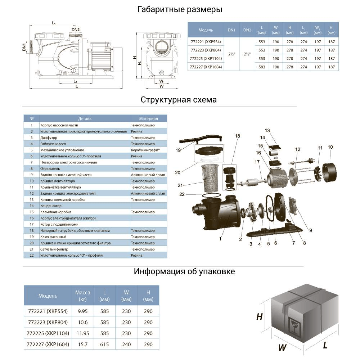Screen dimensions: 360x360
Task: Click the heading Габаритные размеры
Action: (x=180, y=10)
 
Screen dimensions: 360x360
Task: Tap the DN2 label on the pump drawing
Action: (x=76, y=30)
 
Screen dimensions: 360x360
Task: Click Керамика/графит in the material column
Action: (x=145, y=150)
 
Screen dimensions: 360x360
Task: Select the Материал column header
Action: (x=148, y=118)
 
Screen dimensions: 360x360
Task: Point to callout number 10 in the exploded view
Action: (x=330, y=147)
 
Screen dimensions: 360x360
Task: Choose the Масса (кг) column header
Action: (x=82, y=296)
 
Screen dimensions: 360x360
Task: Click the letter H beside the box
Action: (x=259, y=317)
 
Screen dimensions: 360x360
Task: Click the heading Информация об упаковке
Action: (x=184, y=271)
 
